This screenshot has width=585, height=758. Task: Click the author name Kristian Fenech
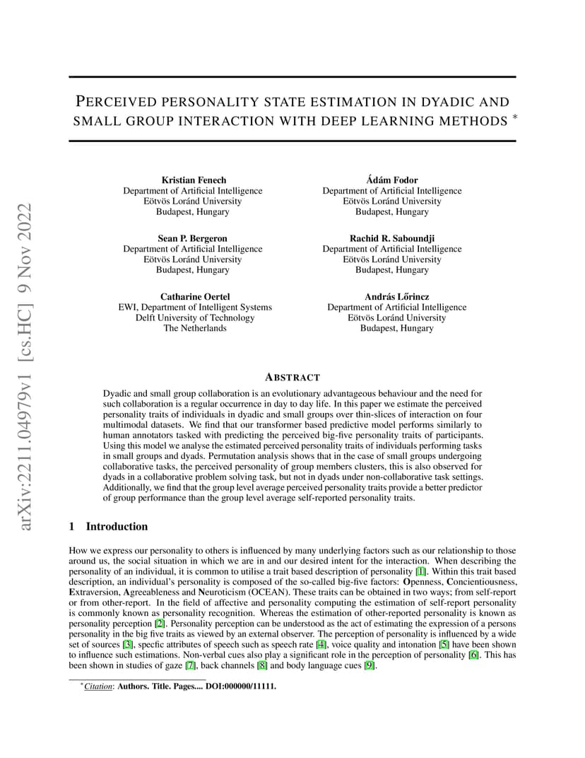coord(192,180)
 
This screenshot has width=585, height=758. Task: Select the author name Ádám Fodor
coord(392,180)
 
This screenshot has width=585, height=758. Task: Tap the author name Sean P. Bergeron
coord(192,238)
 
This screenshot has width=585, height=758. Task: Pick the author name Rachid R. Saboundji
coord(392,238)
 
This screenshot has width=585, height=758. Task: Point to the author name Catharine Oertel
coord(195,296)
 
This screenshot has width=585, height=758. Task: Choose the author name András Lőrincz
coord(396,296)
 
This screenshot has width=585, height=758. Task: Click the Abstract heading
coord(292,378)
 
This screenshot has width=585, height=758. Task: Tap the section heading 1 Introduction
coord(109,526)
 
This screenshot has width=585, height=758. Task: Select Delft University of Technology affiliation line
coord(195,317)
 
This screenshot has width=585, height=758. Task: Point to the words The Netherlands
coord(195,328)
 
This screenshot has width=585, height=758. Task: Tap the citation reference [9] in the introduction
coord(369,665)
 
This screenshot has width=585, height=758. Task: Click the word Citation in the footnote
coord(98,686)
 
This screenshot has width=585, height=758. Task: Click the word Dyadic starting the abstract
coord(117,392)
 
